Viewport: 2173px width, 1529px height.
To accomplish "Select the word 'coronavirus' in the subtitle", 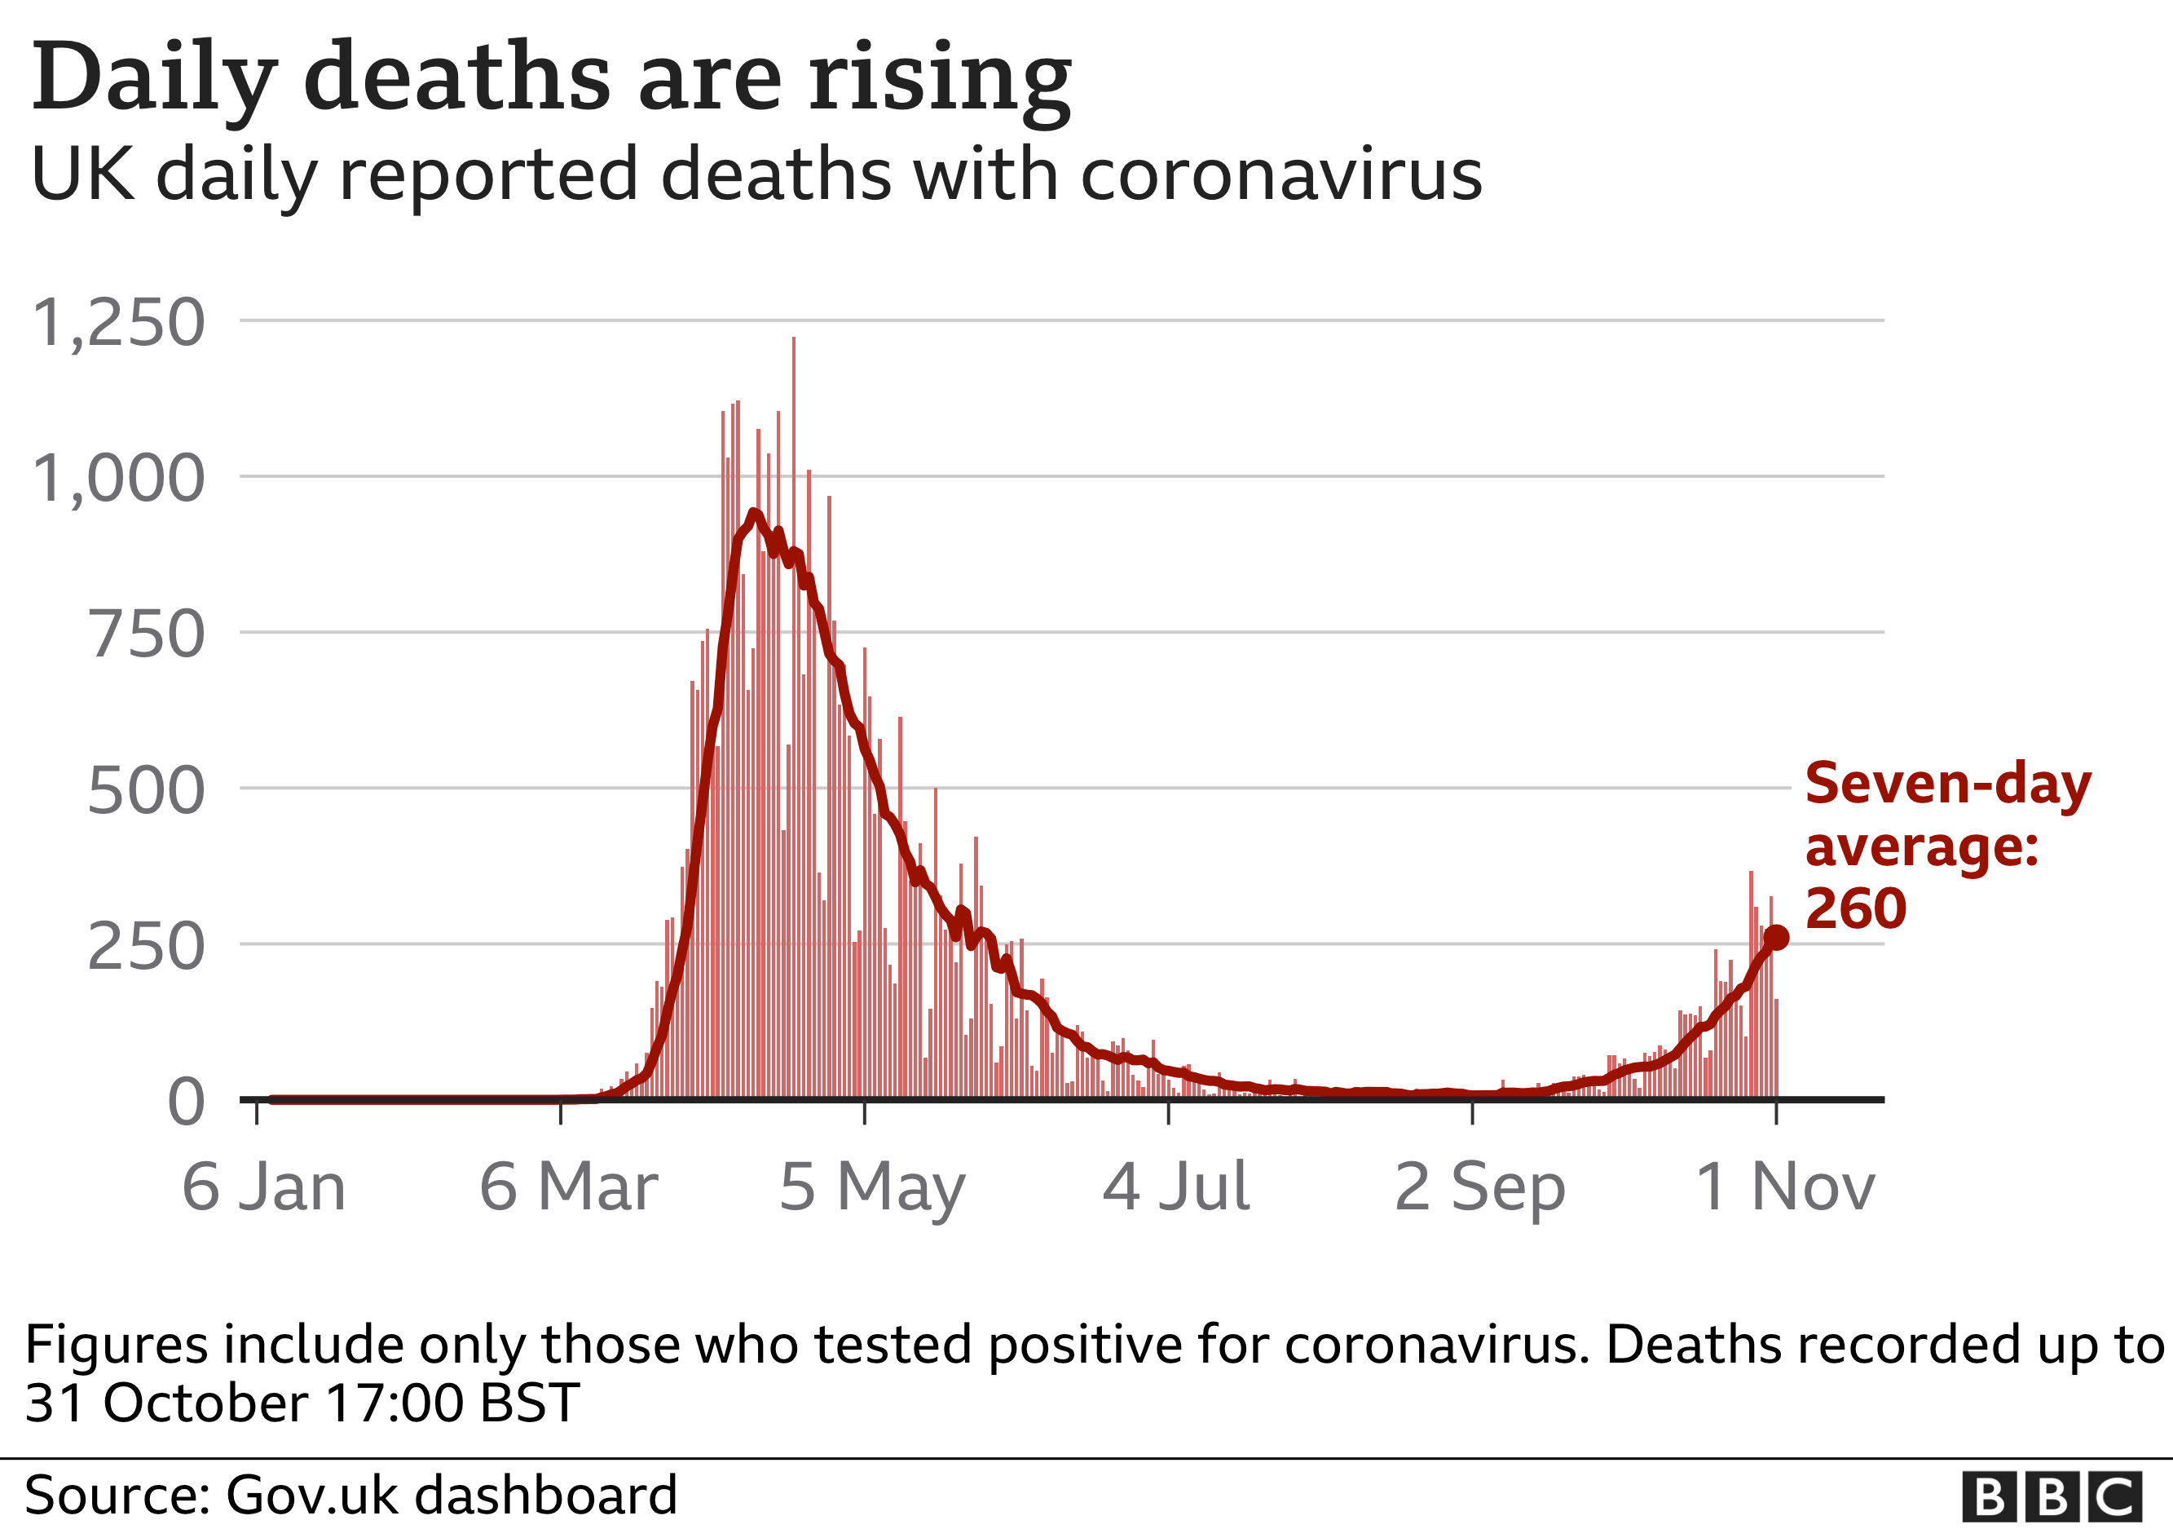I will click(1280, 176).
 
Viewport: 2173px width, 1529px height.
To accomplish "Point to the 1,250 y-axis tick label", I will click(118, 323).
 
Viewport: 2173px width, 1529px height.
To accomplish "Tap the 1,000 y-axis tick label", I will click(118, 478).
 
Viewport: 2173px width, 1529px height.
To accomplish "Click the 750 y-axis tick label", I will click(146, 634).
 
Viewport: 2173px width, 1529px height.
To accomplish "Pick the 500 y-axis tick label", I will click(146, 790).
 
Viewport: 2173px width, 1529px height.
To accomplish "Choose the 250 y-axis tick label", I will click(146, 947).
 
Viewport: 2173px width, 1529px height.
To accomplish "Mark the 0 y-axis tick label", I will click(186, 1102).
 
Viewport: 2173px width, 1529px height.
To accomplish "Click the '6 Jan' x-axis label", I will click(264, 1187).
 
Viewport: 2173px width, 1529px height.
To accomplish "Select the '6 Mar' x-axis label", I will click(568, 1187).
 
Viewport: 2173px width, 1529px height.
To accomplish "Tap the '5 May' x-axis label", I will click(871, 1187).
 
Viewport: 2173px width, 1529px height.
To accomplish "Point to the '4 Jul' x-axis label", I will click(1175, 1187).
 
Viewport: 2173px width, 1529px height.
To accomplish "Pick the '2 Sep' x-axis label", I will click(1479, 1187).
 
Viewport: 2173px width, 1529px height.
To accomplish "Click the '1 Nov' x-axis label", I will click(1784, 1187).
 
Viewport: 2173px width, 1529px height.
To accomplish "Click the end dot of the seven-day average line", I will click(1776, 937).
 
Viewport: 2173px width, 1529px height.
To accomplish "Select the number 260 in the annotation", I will click(1856, 909).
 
